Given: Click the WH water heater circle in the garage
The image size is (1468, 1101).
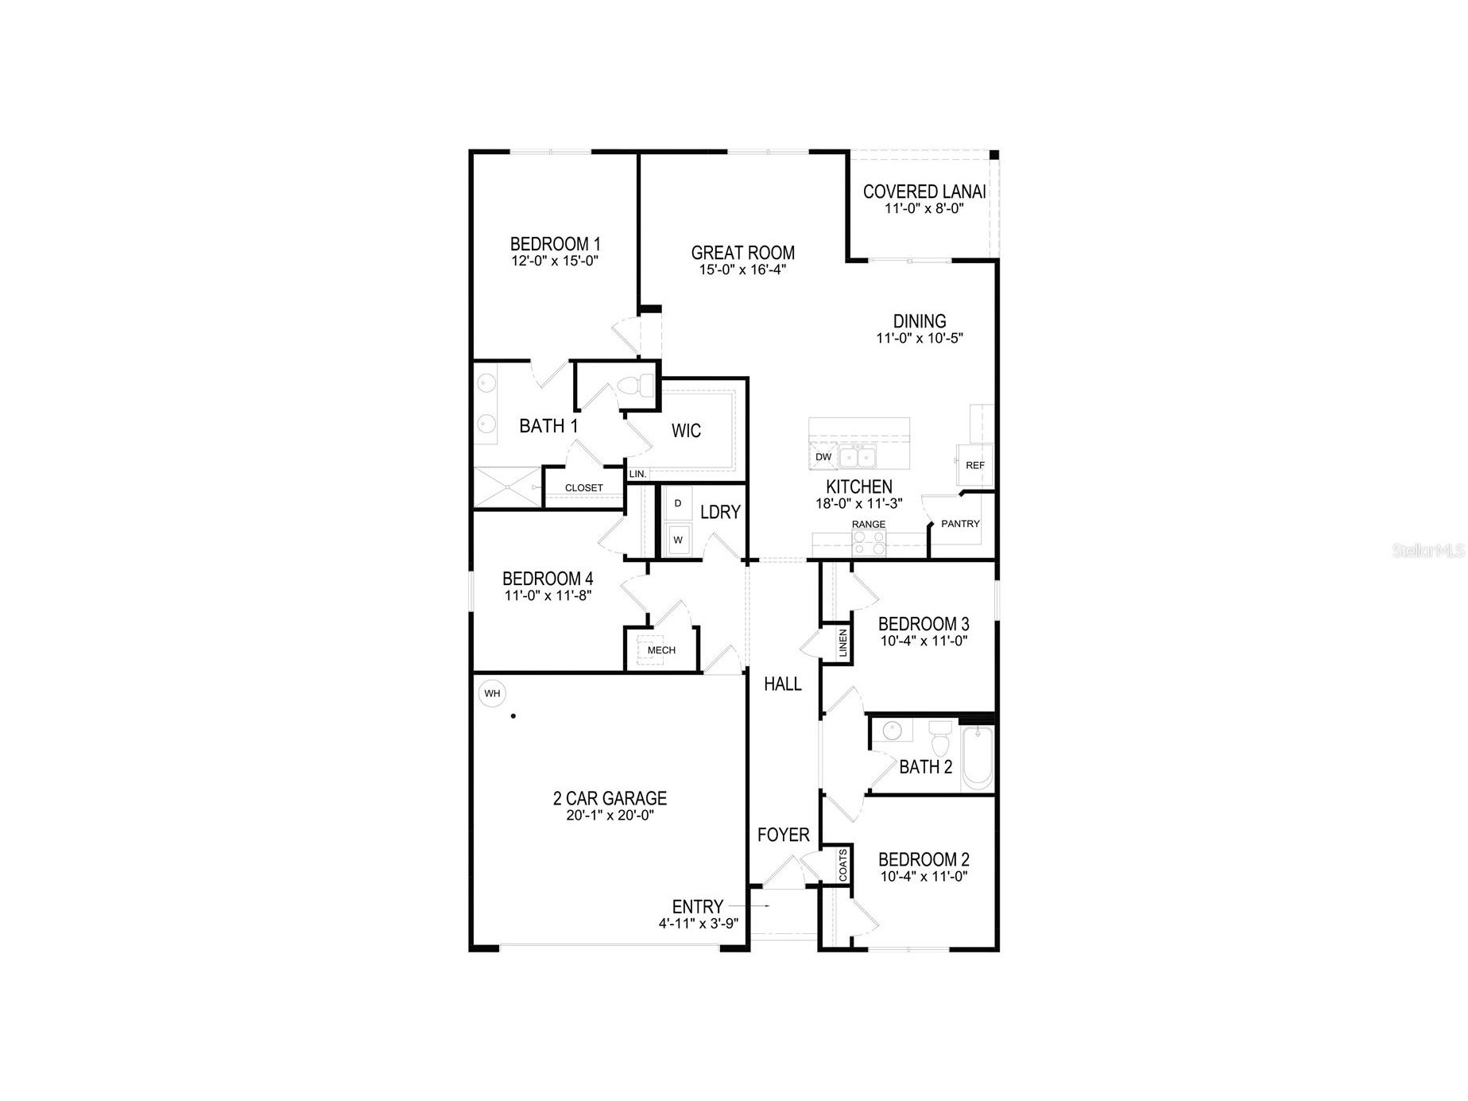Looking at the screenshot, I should pos(492,693).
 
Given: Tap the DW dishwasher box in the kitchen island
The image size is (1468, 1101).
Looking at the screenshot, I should pos(823,457).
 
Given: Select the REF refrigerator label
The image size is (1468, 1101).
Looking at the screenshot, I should pos(974,466).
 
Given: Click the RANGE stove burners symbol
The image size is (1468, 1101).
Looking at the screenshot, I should pos(869,543).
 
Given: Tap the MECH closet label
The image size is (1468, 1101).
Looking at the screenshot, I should pos(661,650).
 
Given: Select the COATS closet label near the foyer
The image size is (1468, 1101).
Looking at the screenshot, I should pos(842,865).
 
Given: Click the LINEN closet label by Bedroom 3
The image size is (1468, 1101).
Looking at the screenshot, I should pos(842,643).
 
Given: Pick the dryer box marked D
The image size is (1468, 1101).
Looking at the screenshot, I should pos(678,504).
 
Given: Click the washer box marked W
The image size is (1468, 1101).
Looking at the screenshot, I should pos(678,540).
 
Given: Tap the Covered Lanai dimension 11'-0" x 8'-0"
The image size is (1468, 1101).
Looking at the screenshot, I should pos(924,209).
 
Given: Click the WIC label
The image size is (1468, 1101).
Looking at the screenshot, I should pos(686,431).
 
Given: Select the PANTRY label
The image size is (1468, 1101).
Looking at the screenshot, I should pos(960,524).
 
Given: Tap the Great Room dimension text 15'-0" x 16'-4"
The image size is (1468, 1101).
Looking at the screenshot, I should pos(742,270).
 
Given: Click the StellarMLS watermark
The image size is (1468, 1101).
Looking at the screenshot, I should pos(1427,550).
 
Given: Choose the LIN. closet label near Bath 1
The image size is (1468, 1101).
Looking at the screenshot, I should pos(637,474).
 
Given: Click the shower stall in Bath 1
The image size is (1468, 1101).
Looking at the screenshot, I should pos(507,487).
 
